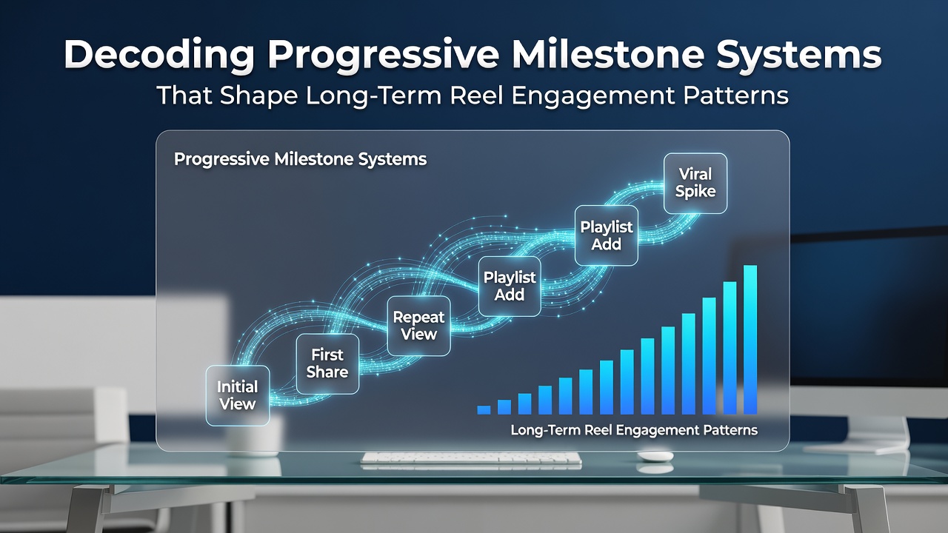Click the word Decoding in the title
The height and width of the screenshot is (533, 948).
coord(158,56)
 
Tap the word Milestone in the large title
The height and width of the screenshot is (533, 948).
coord(607,54)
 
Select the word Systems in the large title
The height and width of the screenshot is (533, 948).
coord(799,56)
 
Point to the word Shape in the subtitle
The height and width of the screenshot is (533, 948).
coord(258,96)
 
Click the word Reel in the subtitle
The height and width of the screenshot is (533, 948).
coord(476,95)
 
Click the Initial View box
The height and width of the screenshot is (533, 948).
coord(238,395)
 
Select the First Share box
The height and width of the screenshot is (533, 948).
coord(327,363)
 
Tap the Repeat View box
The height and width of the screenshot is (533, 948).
coord(418,326)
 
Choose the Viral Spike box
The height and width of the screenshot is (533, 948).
coord(695,183)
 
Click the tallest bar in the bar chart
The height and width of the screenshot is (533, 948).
coord(750,340)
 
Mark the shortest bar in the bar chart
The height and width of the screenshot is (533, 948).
coord(484,410)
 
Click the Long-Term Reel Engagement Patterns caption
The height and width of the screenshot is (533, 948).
coord(634,430)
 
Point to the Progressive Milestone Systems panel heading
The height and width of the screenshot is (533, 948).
coord(300,159)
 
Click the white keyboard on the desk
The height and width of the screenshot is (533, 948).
coord(471,458)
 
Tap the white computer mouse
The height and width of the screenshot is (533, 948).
coord(655,456)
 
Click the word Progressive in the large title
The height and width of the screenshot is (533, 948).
coord(384,56)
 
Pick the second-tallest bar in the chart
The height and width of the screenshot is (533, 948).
coord(730,348)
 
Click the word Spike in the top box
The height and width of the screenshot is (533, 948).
coord(695,191)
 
